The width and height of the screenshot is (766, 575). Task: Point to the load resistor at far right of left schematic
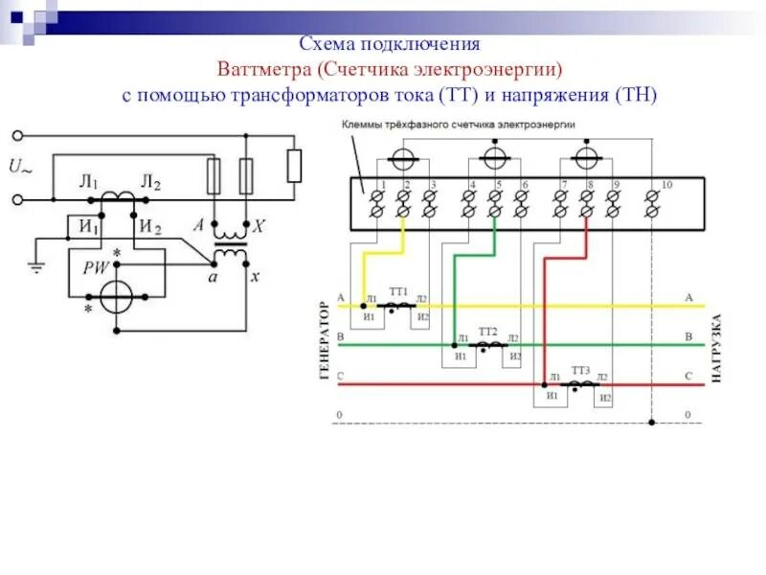(x=295, y=165)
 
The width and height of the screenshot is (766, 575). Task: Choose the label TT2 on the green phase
(x=488, y=330)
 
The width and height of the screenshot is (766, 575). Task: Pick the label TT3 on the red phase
(x=580, y=370)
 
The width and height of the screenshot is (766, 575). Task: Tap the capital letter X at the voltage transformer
(x=259, y=227)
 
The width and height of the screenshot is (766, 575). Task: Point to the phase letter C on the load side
(x=688, y=377)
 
